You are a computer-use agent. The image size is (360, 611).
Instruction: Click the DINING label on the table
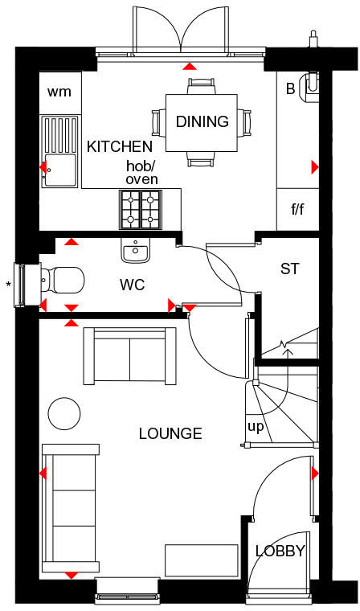click(x=202, y=122)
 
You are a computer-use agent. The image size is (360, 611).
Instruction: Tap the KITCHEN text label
click(x=120, y=146)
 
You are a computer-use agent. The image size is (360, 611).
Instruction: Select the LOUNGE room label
click(x=170, y=433)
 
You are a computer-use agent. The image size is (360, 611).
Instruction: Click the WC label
click(x=133, y=285)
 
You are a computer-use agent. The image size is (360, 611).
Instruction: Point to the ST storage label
click(x=290, y=269)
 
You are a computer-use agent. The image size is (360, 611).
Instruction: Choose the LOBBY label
click(x=280, y=551)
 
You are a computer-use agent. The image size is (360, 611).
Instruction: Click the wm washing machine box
click(x=59, y=92)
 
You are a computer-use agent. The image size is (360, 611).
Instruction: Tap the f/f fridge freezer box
click(x=297, y=209)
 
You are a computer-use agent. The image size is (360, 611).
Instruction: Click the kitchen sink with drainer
click(x=60, y=151)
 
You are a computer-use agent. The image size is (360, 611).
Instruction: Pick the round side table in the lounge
click(x=64, y=413)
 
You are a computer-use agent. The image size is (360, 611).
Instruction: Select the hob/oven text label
click(x=141, y=173)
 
